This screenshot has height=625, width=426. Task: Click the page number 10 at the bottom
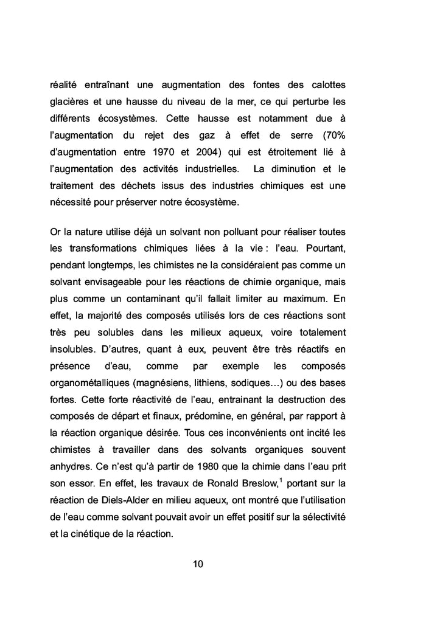tap(198, 564)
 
